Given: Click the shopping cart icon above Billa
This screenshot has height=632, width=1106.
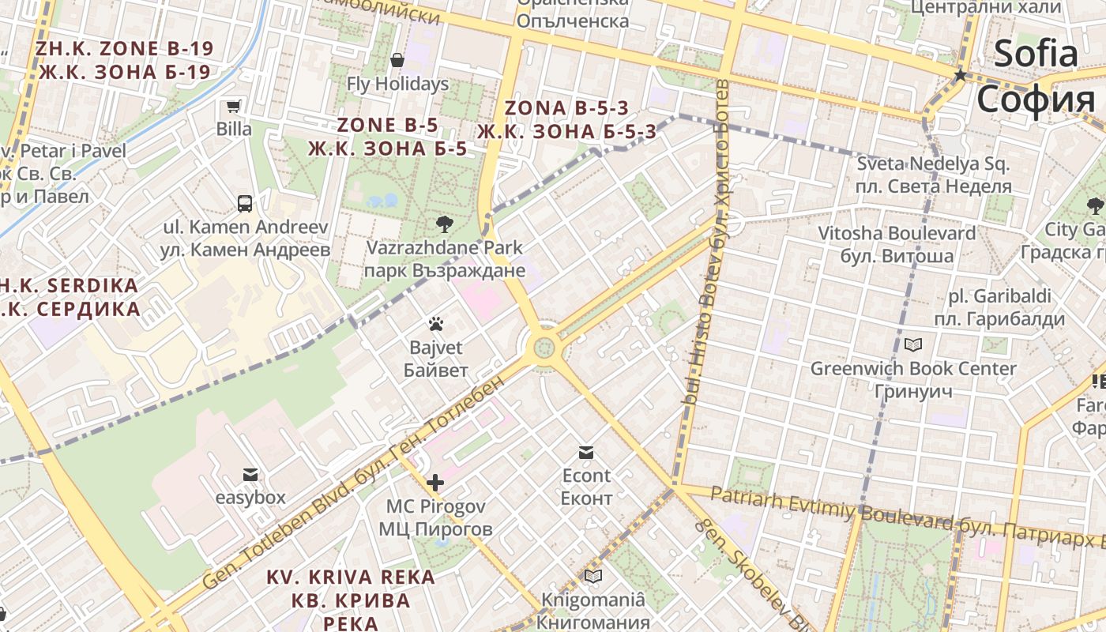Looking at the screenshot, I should pyautogui.click(x=233, y=107).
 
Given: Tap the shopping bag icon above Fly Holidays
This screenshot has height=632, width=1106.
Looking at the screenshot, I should pyautogui.click(x=397, y=60).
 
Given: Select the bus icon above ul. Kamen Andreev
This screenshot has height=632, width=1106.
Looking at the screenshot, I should pyautogui.click(x=245, y=204).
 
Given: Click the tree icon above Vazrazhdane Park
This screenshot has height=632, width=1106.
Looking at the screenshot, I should pyautogui.click(x=444, y=224).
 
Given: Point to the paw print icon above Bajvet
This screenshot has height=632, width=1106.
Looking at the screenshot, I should pyautogui.click(x=435, y=324).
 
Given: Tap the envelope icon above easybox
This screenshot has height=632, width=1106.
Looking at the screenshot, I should pyautogui.click(x=250, y=475).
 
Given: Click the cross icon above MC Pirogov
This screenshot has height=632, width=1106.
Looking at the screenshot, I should pyautogui.click(x=434, y=483).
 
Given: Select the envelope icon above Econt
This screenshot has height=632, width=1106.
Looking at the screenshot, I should pyautogui.click(x=586, y=453).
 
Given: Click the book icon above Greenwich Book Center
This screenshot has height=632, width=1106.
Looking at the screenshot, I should pyautogui.click(x=913, y=345).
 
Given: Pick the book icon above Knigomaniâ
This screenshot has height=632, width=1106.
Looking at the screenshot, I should pyautogui.click(x=592, y=577).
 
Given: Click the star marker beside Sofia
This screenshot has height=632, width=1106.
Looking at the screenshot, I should pyautogui.click(x=961, y=76).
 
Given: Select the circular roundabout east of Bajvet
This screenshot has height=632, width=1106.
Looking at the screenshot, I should pyautogui.click(x=544, y=347).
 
